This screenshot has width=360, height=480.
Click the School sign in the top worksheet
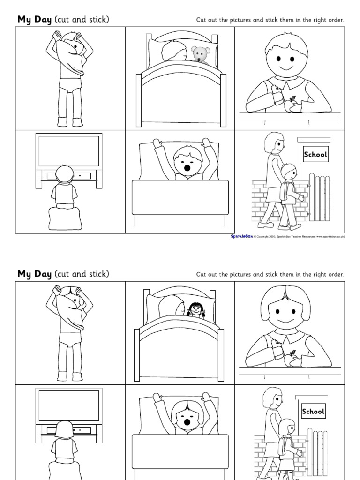click(315, 154)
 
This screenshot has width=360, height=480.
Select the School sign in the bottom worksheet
click(313, 412)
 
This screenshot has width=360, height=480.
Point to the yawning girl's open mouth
click(187, 422)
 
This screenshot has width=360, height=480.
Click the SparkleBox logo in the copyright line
click(241, 237)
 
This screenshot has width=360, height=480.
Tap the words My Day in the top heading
click(34, 20)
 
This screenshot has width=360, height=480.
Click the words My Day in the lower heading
click(34, 274)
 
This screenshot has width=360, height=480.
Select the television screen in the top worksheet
click(69, 150)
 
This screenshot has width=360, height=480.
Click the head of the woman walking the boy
click(275, 142)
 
